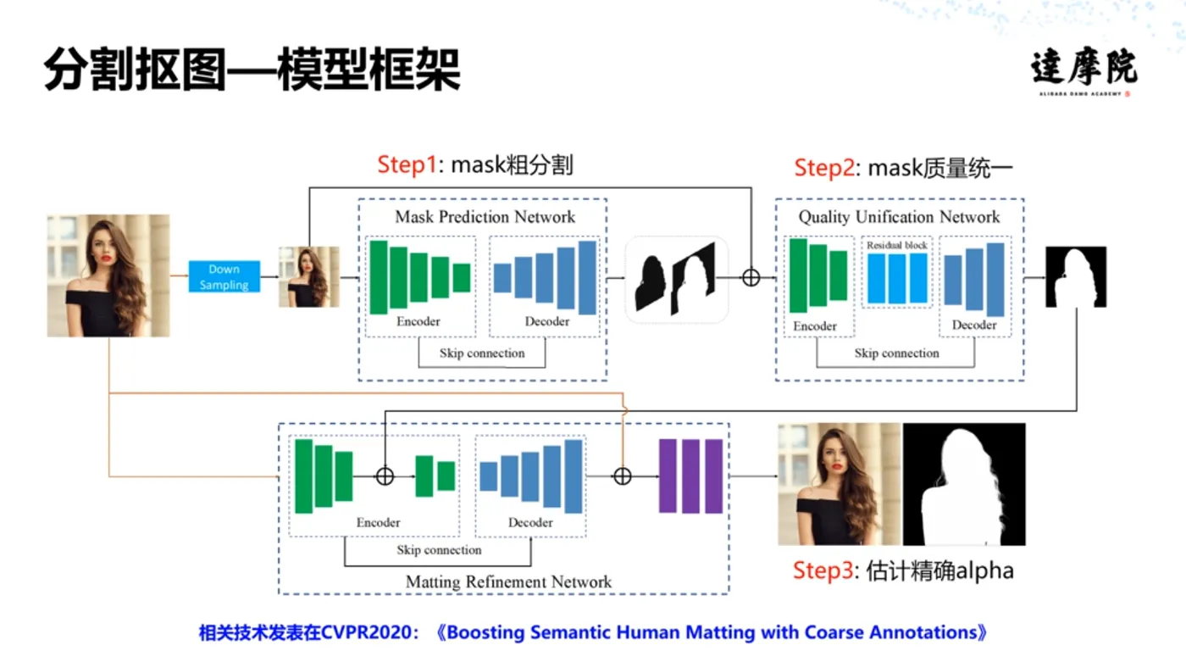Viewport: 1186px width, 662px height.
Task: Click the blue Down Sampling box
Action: pos(224,277)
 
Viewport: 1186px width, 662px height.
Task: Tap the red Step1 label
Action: pos(407,164)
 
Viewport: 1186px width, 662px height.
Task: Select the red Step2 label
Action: pos(823,168)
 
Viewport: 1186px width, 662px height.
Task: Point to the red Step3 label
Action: pos(823,570)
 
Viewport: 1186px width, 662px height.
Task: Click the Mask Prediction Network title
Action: pos(485,217)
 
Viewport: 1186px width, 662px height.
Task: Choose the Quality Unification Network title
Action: pos(899,217)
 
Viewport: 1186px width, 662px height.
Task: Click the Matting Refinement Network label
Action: pos(508,581)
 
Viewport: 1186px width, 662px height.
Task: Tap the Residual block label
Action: pos(897,245)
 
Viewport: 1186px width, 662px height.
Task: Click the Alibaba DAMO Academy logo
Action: pos(1083,73)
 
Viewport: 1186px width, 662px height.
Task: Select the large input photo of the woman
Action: pos(108,275)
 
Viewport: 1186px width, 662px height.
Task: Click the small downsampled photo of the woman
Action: pos(308,276)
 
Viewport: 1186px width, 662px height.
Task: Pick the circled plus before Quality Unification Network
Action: pos(751,277)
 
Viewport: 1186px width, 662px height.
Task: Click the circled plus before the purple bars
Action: pos(622,476)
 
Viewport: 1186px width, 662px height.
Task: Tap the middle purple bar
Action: pos(691,476)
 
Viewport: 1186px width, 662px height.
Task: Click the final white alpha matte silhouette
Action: pos(964,484)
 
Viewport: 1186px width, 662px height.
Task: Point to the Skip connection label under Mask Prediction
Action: pos(481,353)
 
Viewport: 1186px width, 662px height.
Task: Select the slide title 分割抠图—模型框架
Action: pos(252,70)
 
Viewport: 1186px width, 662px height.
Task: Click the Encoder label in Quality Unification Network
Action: pos(815,326)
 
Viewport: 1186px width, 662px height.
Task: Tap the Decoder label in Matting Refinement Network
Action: pos(530,522)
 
